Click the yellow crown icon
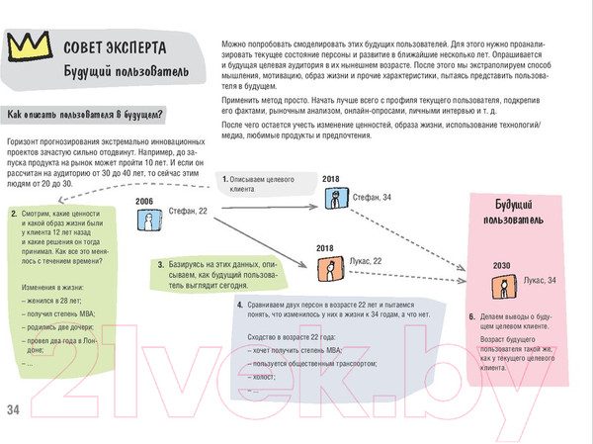click(x=27, y=45)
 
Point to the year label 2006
click(x=145, y=201)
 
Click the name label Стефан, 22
click(x=189, y=212)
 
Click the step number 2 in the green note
click(x=12, y=214)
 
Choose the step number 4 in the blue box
click(x=240, y=305)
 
